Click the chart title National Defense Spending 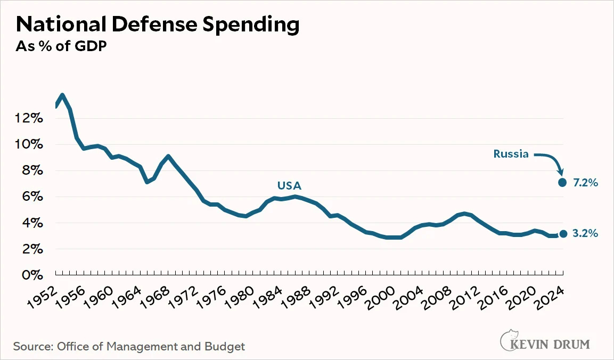pos(158,24)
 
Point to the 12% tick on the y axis pos(30,118)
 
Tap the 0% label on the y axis pos(32,275)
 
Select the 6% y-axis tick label pos(32,197)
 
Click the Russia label pos(511,154)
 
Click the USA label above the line pos(289,186)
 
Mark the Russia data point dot pos(562,182)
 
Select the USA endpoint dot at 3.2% pos(563,234)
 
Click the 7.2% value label pos(586,183)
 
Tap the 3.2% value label pos(586,234)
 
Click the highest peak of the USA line pos(63,96)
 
